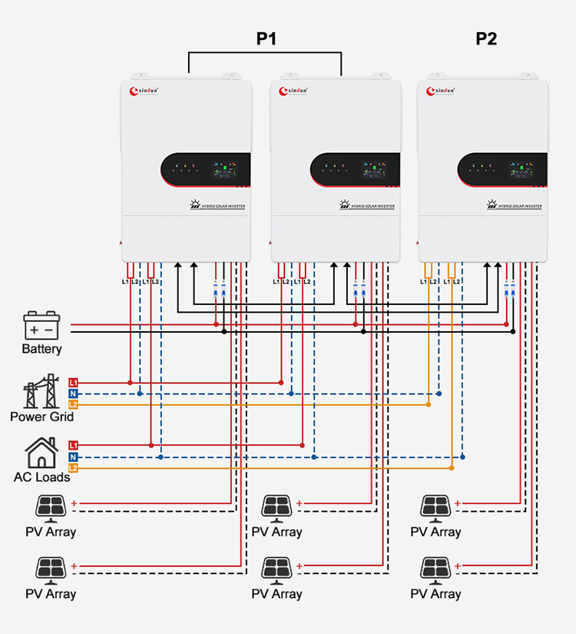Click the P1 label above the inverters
(266, 38)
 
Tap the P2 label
(486, 38)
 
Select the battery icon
(41, 326)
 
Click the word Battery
(41, 350)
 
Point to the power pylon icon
(41, 392)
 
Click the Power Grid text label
(41, 417)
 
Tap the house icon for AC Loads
(41, 453)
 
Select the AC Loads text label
(41, 477)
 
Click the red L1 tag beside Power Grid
(73, 382)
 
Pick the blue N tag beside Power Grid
(73, 393)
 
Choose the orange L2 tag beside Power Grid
(73, 404)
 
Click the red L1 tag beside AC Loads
(73, 445)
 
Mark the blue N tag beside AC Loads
(73, 457)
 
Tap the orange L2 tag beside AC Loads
(73, 467)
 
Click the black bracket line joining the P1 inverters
(265, 53)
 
